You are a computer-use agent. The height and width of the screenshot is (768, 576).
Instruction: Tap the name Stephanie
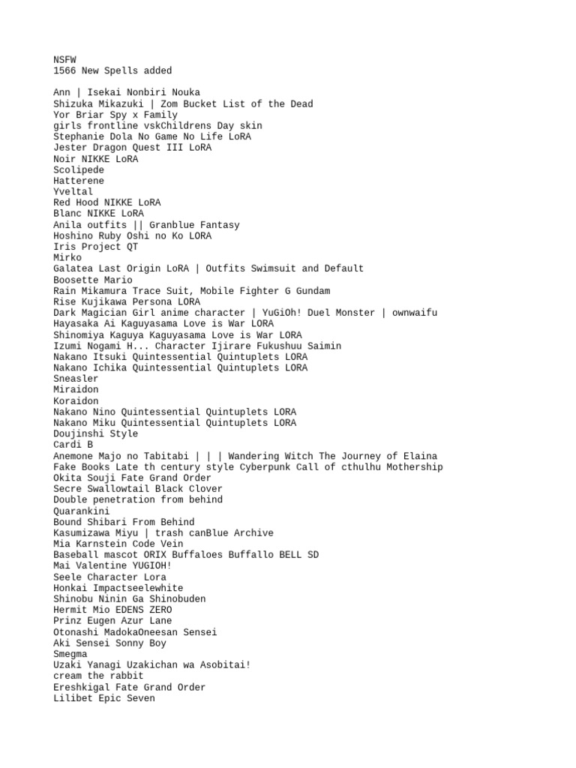(78, 136)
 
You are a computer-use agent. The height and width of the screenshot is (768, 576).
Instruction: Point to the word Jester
(70, 148)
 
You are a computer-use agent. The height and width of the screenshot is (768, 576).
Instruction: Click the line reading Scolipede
(79, 169)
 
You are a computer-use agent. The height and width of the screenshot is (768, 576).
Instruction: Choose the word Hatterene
(79, 181)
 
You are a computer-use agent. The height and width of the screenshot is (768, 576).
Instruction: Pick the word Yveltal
(73, 192)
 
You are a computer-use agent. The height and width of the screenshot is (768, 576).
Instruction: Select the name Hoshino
(73, 235)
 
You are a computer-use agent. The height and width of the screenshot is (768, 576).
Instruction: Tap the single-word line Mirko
(67, 257)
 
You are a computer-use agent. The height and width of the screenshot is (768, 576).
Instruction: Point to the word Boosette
(76, 280)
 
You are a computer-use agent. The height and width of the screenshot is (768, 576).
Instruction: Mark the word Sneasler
(76, 379)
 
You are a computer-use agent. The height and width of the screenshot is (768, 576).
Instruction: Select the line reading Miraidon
(76, 390)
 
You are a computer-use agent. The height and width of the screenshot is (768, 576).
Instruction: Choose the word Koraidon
(76, 401)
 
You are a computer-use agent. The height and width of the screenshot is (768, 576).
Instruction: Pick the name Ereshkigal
(81, 687)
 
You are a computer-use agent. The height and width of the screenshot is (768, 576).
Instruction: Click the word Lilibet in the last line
(73, 698)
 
